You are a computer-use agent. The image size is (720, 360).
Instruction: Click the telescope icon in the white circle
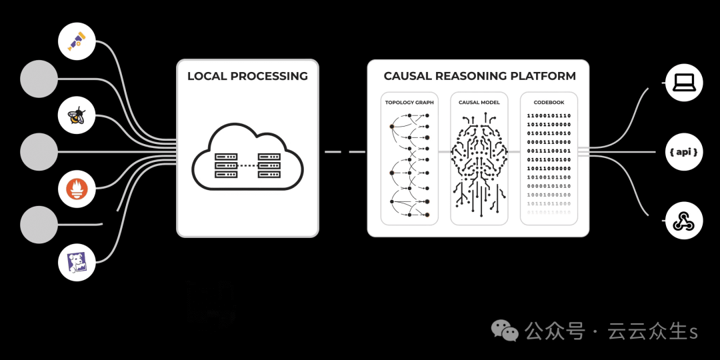tap(77, 41)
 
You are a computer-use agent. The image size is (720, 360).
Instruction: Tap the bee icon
tap(77, 115)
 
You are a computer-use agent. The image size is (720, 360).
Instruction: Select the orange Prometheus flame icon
tap(77, 189)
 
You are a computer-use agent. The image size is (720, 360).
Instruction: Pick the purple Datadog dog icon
tap(77, 262)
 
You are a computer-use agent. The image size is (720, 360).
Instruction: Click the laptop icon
tap(684, 83)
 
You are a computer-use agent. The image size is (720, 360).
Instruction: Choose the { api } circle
tap(684, 152)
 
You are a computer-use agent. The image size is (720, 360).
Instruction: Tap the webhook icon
tap(684, 221)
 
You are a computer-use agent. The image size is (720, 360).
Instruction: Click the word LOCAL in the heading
tap(207, 76)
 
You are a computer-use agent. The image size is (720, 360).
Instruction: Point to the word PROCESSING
tap(269, 76)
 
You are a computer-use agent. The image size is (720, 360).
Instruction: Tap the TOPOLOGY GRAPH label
tap(409, 103)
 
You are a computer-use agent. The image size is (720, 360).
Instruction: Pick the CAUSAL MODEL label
tap(479, 103)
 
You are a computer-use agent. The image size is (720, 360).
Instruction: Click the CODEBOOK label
tap(549, 103)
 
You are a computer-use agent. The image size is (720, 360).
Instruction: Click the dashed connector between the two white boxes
tap(343, 152)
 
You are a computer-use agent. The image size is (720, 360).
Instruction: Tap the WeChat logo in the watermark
tap(505, 331)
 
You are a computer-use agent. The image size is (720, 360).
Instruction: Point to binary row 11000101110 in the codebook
tap(549, 116)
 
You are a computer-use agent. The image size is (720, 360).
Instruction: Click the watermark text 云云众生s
tap(652, 331)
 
